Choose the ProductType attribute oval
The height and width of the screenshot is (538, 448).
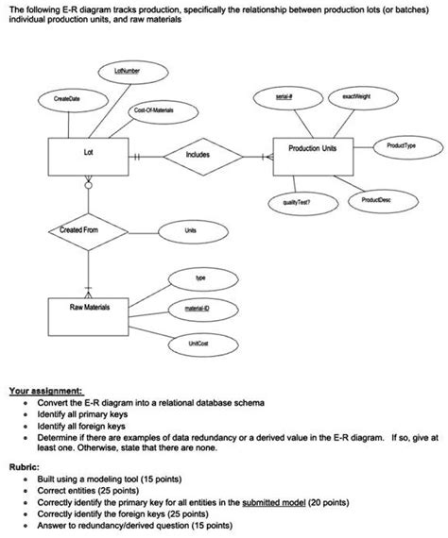click(404, 145)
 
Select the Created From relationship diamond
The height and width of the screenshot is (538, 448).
click(88, 230)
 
